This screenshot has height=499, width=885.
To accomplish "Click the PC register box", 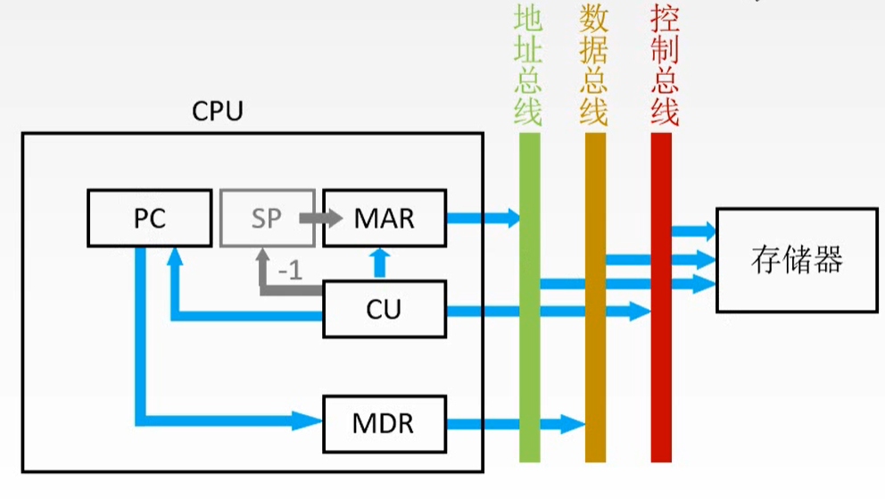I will pos(150,218).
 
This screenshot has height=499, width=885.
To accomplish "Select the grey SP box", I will pos(267,218).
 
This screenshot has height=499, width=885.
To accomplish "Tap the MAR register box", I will pos(384,218).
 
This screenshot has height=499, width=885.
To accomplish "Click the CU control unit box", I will pos(384,310).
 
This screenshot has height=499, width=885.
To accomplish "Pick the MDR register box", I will pos(384,422).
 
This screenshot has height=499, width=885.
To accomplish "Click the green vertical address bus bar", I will pos(530,357).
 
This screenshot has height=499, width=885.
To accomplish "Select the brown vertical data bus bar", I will pos(595,357).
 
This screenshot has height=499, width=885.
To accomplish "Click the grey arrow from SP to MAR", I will pos(318,217).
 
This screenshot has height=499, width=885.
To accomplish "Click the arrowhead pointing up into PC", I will pos(176,257).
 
